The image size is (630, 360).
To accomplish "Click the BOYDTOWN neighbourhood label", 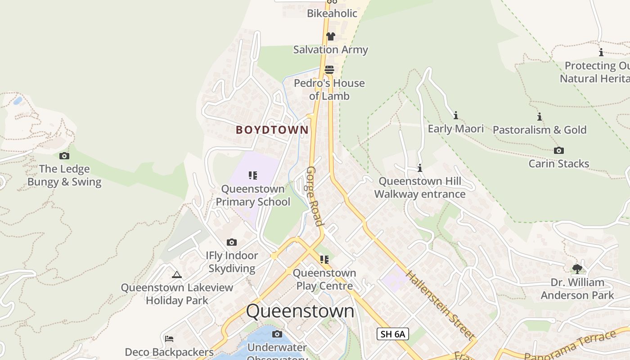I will [272, 130].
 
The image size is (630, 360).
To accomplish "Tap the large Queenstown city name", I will [300, 311].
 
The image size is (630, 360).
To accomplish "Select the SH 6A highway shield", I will [392, 334].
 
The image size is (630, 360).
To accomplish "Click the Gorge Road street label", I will [315, 197].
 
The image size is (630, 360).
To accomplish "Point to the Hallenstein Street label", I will [440, 305].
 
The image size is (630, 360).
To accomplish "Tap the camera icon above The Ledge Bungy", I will [64, 156].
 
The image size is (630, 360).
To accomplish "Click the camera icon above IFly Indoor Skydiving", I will [232, 243].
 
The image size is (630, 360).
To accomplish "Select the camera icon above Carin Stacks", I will [558, 151].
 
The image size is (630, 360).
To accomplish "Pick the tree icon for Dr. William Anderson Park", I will [577, 269].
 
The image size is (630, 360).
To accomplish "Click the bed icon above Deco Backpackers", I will [169, 339].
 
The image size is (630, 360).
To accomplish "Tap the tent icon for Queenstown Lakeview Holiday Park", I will [177, 274].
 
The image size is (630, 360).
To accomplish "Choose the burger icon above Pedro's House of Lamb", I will [330, 70].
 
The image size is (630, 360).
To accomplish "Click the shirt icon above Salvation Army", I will [331, 36].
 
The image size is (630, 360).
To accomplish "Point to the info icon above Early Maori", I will [456, 116].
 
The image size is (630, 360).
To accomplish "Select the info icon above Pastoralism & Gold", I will [540, 117].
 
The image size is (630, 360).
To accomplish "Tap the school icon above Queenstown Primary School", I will [252, 175].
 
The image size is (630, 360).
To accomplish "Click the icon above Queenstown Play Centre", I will [324, 260].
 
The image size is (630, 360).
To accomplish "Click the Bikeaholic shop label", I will [332, 13].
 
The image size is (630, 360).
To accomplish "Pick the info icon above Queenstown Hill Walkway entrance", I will [420, 168].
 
